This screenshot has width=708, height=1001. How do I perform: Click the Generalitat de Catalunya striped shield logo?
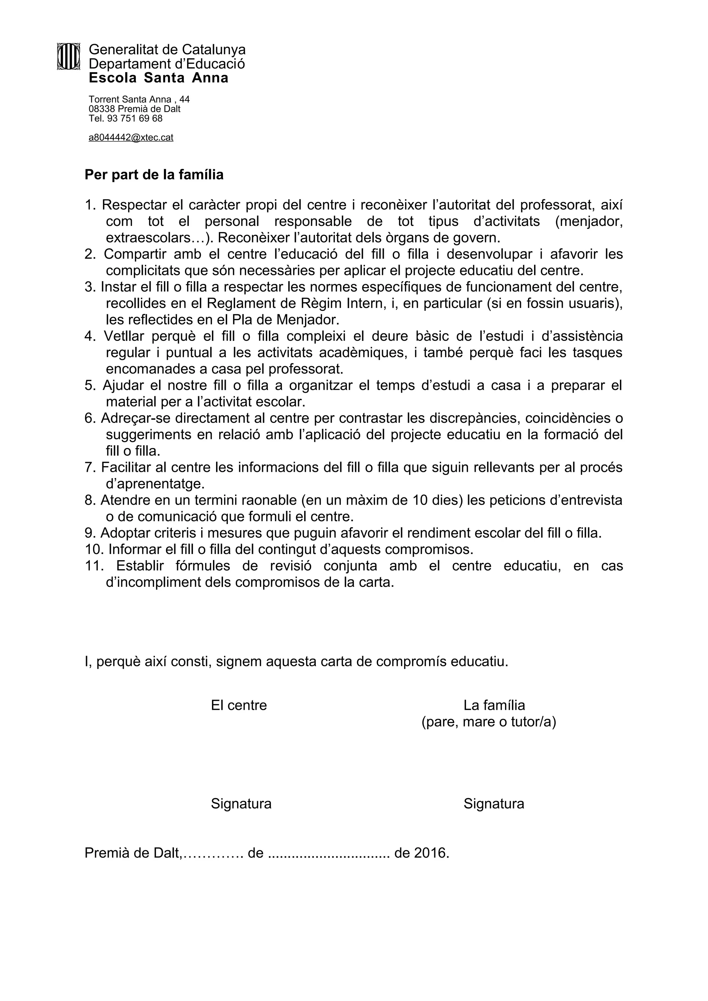pyautogui.click(x=68, y=56)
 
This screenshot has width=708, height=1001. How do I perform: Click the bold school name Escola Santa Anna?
pyautogui.click(x=158, y=78)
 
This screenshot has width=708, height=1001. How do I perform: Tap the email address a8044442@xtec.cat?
pyautogui.click(x=131, y=138)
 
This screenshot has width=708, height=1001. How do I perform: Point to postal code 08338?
pyautogui.click(x=102, y=109)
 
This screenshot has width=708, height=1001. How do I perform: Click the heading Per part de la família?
pyautogui.click(x=154, y=175)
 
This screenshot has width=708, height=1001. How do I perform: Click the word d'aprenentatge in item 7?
pyautogui.click(x=155, y=484)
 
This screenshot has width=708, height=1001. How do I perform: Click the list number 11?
pyautogui.click(x=94, y=566)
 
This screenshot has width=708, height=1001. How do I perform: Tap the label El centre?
pyautogui.click(x=239, y=705)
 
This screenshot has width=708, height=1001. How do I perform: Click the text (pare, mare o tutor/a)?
pyautogui.click(x=488, y=722)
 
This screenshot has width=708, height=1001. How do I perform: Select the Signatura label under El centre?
pyautogui.click(x=241, y=803)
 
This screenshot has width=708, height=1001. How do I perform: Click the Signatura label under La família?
pyautogui.click(x=493, y=803)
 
